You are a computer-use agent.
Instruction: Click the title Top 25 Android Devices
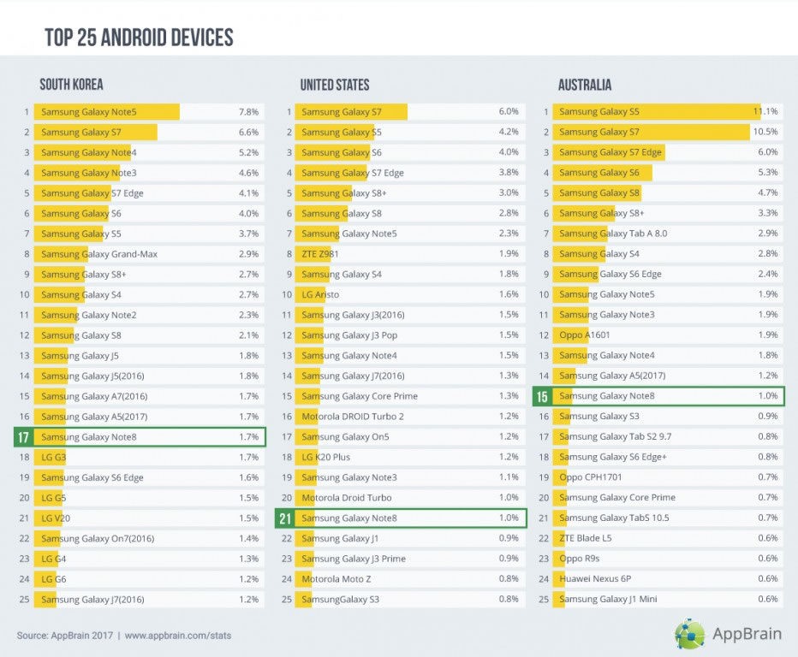[x=139, y=38]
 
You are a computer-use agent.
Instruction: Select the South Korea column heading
[x=71, y=85]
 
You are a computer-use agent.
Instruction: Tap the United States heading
[x=335, y=85]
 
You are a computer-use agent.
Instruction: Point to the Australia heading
[x=585, y=85]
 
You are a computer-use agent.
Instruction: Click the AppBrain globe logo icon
[x=690, y=634]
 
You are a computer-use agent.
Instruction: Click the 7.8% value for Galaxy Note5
[x=248, y=112]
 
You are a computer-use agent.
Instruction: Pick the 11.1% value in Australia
[x=765, y=112]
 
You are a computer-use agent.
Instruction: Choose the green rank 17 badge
[x=24, y=437]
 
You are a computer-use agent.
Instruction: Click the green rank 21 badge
[x=284, y=518]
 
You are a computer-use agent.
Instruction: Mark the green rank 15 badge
[x=542, y=396]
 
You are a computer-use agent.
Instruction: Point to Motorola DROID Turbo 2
[x=353, y=417]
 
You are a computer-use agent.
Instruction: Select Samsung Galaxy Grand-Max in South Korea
[x=99, y=254]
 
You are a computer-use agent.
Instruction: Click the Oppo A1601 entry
[x=585, y=335]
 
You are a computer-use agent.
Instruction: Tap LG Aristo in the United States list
[x=320, y=294]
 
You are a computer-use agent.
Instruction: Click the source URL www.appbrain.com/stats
[x=178, y=636]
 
